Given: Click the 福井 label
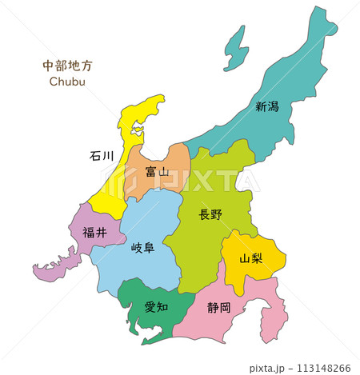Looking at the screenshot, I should [94, 233].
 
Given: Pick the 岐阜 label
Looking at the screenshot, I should [142, 249].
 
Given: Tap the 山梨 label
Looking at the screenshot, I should [253, 258].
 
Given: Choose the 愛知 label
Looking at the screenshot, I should [156, 305].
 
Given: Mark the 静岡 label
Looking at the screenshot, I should [218, 306].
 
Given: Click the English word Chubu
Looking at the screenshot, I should [67, 81].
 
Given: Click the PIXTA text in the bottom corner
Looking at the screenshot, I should [265, 368].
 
